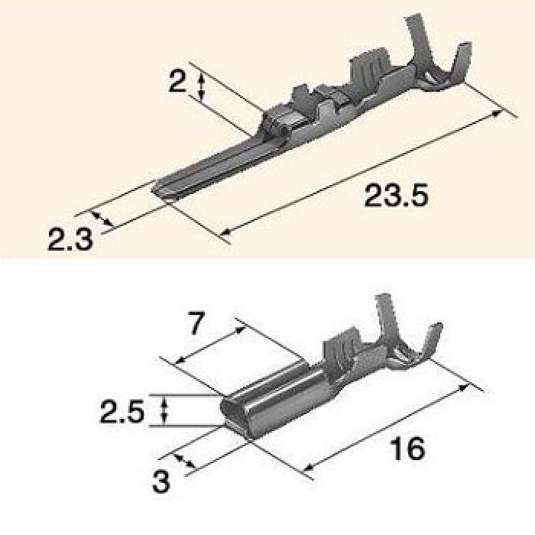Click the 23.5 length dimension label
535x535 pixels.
(396, 196)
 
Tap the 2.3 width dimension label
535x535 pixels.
(70, 238)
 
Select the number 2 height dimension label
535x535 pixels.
(178, 82)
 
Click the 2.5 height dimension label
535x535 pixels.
(122, 412)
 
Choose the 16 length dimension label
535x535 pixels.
(408, 448)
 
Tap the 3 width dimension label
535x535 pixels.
(160, 481)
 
